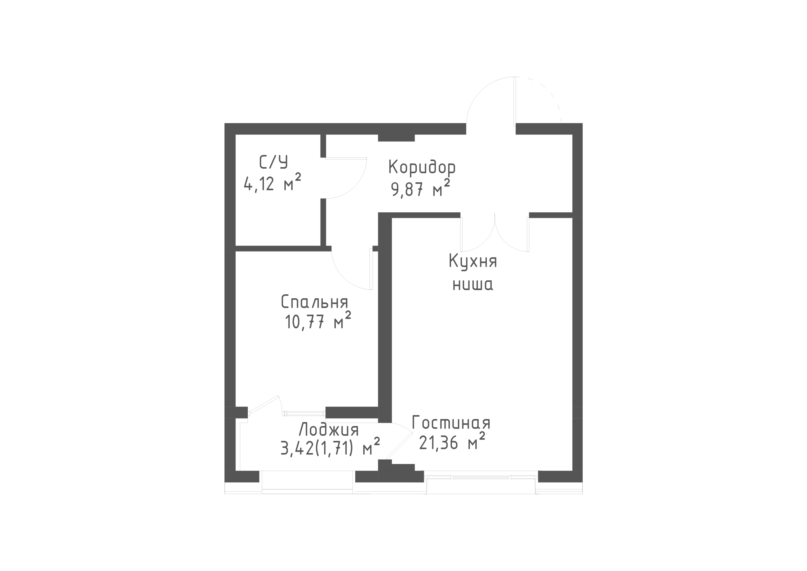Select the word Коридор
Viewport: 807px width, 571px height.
click(x=422, y=167)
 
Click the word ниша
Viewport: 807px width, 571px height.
click(x=473, y=285)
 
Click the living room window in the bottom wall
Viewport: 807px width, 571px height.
click(x=481, y=477)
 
